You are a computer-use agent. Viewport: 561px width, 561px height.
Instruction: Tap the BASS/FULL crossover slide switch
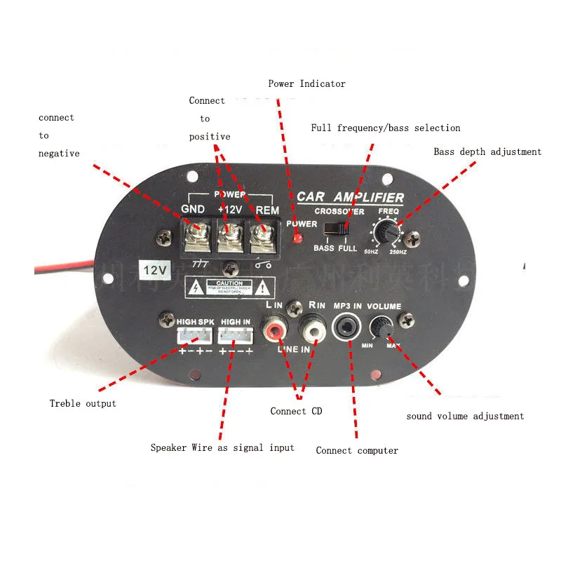click(336, 229)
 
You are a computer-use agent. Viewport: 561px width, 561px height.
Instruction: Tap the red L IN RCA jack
click(273, 327)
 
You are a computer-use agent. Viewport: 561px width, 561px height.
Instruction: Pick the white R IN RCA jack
click(309, 327)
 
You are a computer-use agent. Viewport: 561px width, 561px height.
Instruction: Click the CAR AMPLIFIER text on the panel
click(351, 197)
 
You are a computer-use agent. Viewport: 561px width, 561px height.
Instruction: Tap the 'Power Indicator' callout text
click(306, 84)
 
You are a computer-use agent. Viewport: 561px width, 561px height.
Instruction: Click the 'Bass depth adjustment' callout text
click(487, 151)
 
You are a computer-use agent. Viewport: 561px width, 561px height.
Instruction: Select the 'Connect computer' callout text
click(357, 450)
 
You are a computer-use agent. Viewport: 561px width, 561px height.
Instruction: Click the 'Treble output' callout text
click(83, 403)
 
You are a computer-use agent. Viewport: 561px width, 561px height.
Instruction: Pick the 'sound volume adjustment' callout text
click(465, 416)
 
